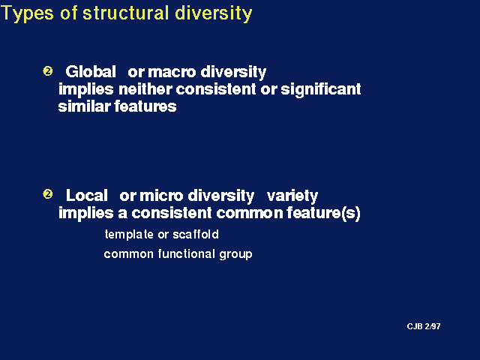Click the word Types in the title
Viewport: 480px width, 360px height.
pyautogui.click(x=28, y=14)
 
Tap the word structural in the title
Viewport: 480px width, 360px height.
pyautogui.click(x=126, y=13)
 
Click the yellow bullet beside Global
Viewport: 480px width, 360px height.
pyautogui.click(x=47, y=71)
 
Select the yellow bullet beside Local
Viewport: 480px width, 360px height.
pyautogui.click(x=47, y=194)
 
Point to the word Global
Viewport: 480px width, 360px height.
pyautogui.click(x=91, y=72)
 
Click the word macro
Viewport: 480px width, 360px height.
pyautogui.click(x=172, y=73)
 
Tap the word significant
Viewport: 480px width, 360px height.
pyautogui.click(x=321, y=90)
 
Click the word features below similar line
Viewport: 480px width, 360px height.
pyautogui.click(x=145, y=106)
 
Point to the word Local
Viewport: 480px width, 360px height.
pyautogui.click(x=87, y=195)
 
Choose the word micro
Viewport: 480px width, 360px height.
pyautogui.click(x=161, y=196)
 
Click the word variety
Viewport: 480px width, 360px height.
pyautogui.click(x=292, y=196)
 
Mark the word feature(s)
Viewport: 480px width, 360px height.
pyautogui.click(x=323, y=213)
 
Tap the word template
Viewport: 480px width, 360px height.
pyautogui.click(x=129, y=235)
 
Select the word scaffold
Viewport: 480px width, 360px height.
pyautogui.click(x=196, y=234)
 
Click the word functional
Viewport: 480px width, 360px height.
pyautogui.click(x=187, y=253)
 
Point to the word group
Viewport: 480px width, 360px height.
pyautogui.click(x=235, y=255)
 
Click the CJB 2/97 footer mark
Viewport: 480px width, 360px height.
pyautogui.click(x=424, y=326)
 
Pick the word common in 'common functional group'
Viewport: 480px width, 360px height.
pyautogui.click(x=128, y=254)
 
